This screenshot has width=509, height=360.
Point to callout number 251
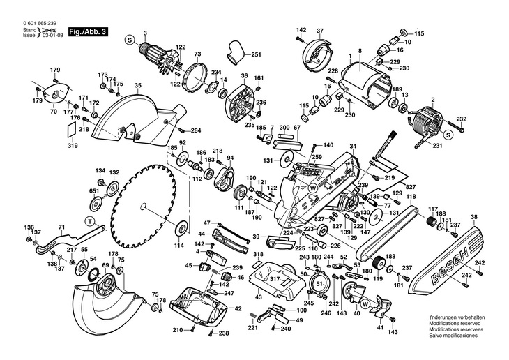(x=255, y=55)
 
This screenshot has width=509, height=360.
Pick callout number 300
(x=284, y=128)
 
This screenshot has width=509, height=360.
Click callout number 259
(x=317, y=158)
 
